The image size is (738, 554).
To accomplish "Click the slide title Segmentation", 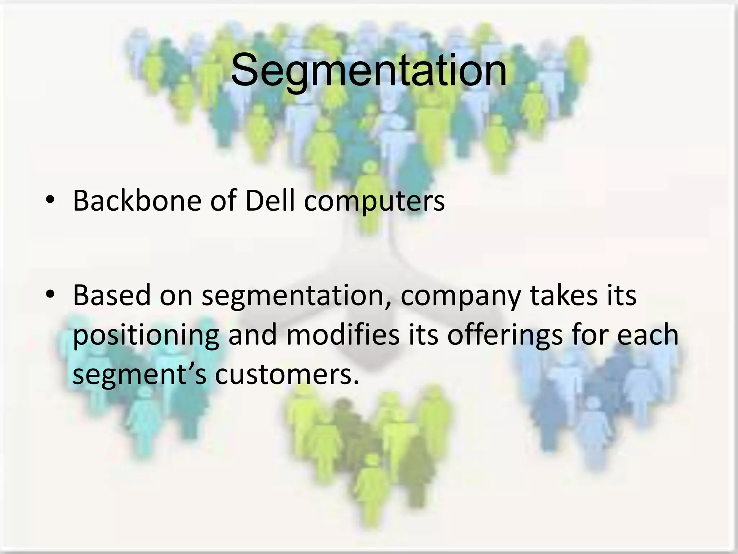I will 368,70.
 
